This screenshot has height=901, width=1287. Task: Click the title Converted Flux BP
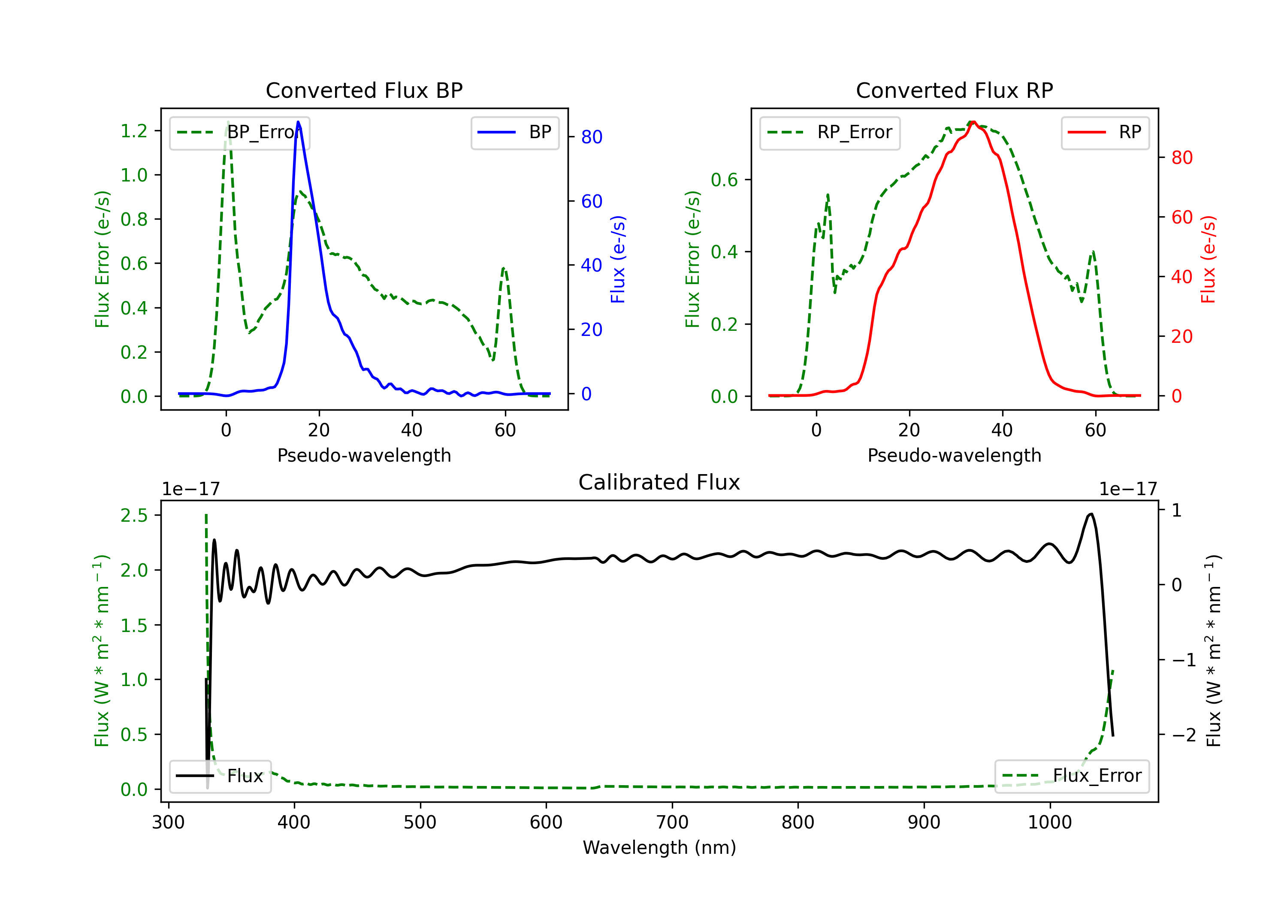click(x=364, y=90)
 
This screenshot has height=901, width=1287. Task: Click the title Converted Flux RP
click(x=954, y=90)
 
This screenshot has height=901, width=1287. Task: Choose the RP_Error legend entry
click(x=830, y=132)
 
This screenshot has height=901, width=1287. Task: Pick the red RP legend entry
click(x=1105, y=132)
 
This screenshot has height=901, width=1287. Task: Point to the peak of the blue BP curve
click(x=298, y=122)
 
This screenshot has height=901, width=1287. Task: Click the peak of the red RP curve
click(x=973, y=122)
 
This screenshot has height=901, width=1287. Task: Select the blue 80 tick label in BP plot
click(x=591, y=137)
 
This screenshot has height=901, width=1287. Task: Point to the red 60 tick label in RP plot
click(x=1181, y=217)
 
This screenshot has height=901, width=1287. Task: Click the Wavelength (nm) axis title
click(x=659, y=847)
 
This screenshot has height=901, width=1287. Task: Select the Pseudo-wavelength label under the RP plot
click(x=954, y=455)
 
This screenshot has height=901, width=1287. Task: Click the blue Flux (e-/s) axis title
click(x=618, y=259)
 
